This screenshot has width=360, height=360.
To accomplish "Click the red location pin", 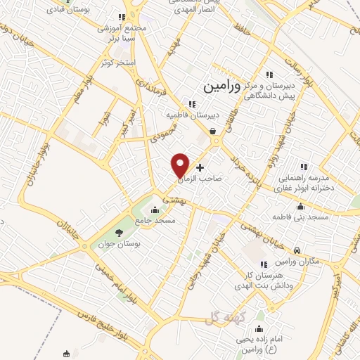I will point(181,164).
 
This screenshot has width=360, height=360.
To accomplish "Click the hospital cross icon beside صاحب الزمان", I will point(200,168).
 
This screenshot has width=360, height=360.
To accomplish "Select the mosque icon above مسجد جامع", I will point(155,209).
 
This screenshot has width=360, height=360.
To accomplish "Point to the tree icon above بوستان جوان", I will point(118,233).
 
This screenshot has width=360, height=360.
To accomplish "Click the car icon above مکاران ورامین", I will point(297,250).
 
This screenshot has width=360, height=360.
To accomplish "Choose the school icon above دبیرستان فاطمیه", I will point(191,104).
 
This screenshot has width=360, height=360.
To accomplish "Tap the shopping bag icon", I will point(212,131).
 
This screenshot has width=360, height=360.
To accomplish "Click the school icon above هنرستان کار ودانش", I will point(263,264).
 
